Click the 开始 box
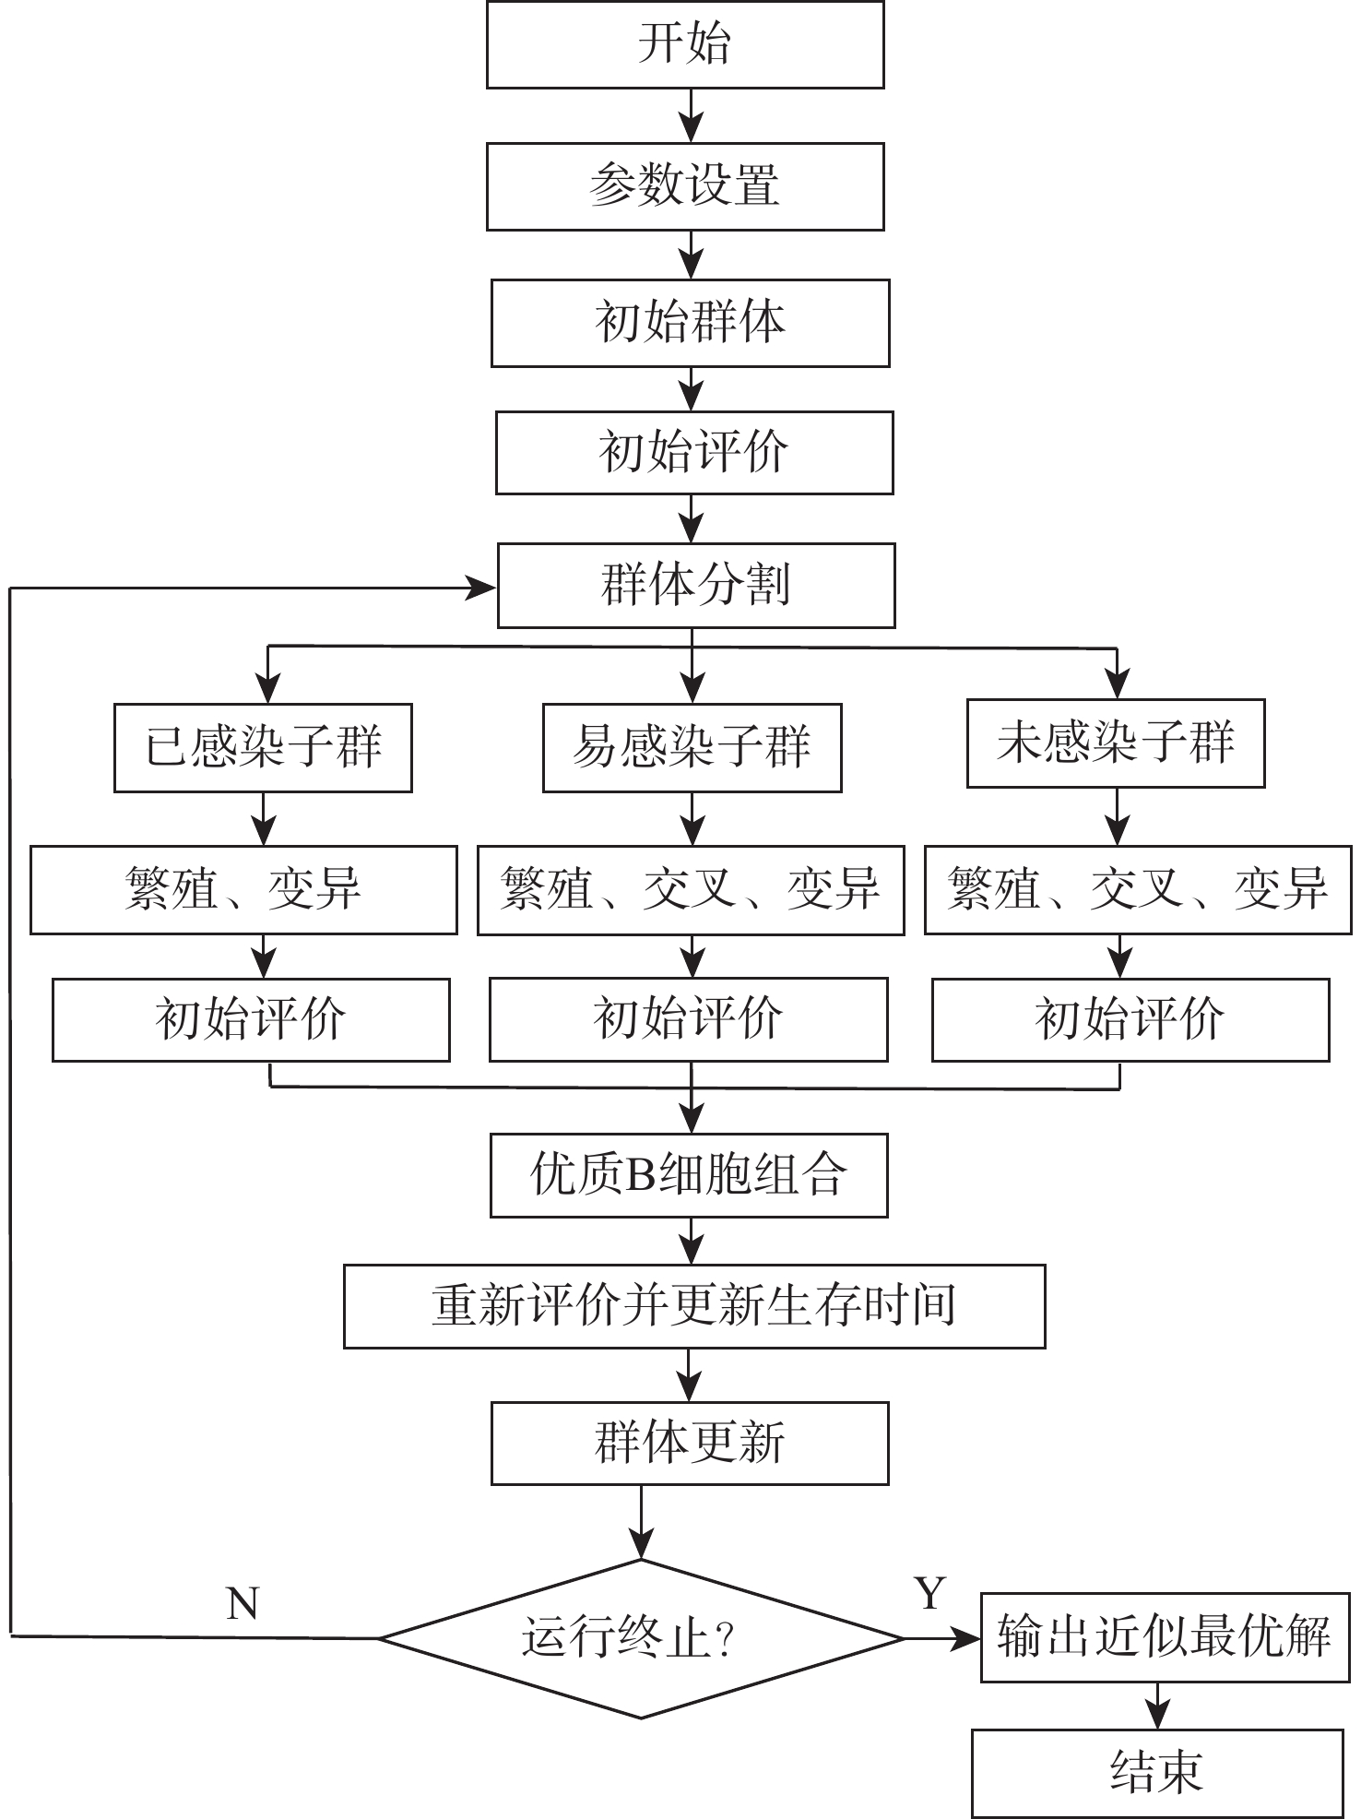point(685,44)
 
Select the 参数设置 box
point(685,186)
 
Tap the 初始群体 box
point(690,323)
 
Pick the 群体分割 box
point(696,586)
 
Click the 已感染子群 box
point(263,747)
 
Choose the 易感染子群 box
point(692,747)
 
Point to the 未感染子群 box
point(1116,743)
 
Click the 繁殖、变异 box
point(243,890)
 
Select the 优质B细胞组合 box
point(689,1175)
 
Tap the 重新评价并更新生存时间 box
point(694,1306)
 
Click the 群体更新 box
point(690,1443)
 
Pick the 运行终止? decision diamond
point(641,1638)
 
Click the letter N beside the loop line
point(243,1605)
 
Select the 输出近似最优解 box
point(1165,1637)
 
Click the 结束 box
point(1157,1772)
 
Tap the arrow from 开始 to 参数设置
point(691,116)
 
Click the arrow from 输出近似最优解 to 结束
point(1157,1706)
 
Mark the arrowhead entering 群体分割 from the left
point(480,587)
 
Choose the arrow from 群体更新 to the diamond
point(641,1522)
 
